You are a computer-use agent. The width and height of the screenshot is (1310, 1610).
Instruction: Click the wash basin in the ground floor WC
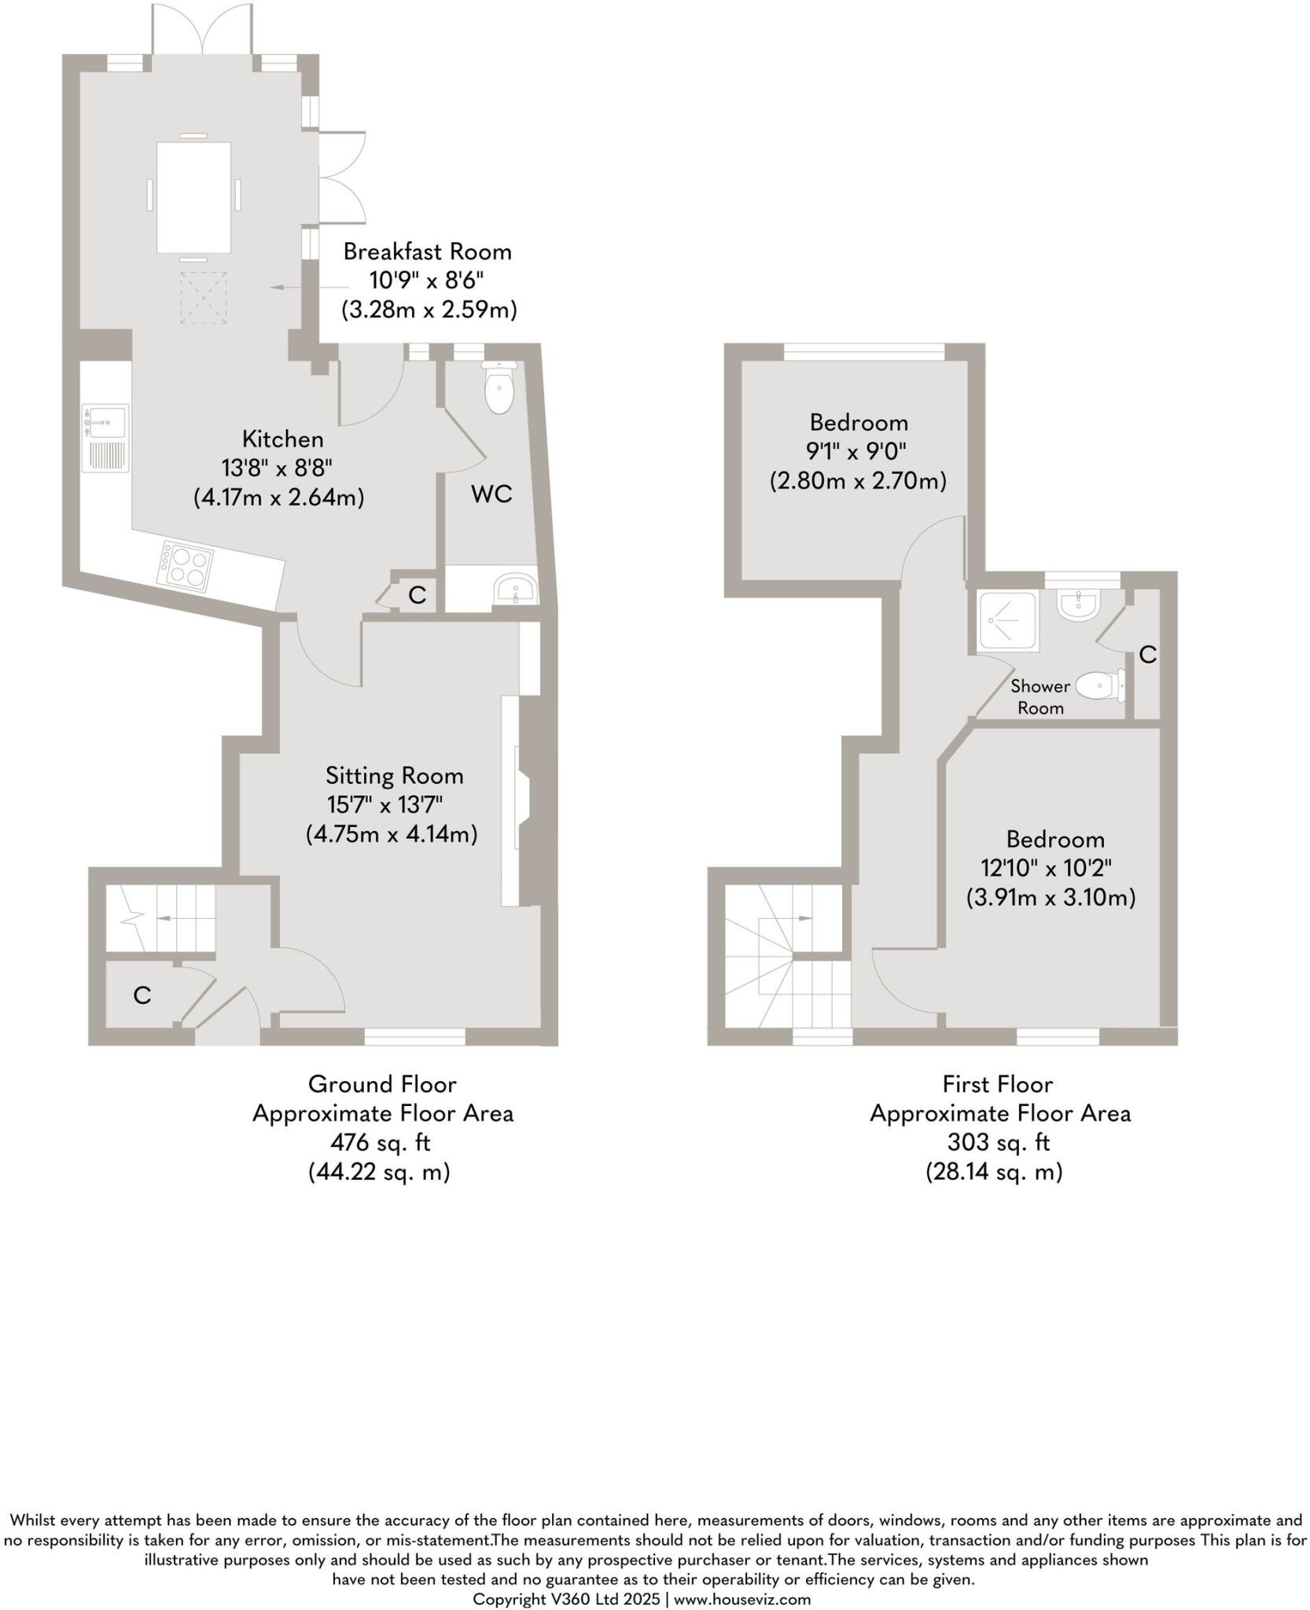pyautogui.click(x=515, y=589)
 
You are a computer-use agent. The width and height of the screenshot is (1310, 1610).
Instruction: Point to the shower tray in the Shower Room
pyautogui.click(x=1007, y=621)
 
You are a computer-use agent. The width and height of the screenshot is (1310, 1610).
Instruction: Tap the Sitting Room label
pyautogui.click(x=394, y=776)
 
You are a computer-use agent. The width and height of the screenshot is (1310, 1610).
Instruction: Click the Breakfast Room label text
pyautogui.click(x=427, y=252)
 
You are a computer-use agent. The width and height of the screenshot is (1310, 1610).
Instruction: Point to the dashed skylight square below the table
pyautogui.click(x=204, y=297)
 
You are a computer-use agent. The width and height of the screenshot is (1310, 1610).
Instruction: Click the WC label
pyautogui.click(x=491, y=494)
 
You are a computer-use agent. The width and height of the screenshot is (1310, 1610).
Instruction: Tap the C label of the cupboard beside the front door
pyautogui.click(x=142, y=996)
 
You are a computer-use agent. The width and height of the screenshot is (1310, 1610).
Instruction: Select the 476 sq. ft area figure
pyautogui.click(x=381, y=1142)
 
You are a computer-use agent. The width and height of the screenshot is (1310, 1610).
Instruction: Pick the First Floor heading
pyautogui.click(x=997, y=1084)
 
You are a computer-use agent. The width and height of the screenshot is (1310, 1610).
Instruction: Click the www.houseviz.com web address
pyautogui.click(x=741, y=1599)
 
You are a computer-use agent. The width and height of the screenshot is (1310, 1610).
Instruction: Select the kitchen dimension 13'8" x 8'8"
pyautogui.click(x=277, y=469)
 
